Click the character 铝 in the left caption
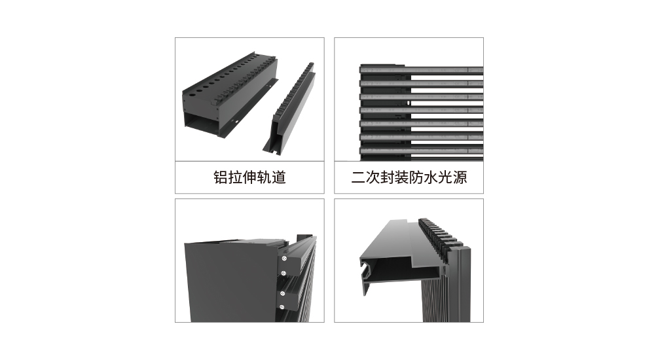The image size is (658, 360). tap(221, 177)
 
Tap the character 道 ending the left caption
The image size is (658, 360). tap(279, 177)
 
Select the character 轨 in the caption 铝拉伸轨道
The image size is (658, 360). tap(265, 177)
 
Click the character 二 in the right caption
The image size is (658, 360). tap(358, 177)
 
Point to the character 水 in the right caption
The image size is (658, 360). tap(431, 177)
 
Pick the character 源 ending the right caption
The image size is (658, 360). tap(460, 177)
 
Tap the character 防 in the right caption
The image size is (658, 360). tap(416, 177)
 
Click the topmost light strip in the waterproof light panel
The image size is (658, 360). tap(422, 69)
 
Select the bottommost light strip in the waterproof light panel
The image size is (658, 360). tap(422, 150)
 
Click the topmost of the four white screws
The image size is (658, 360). tap(284, 258)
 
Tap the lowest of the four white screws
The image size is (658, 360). tap(282, 307)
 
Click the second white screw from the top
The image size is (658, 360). tap(283, 274)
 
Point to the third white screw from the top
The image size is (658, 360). tap(282, 293)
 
